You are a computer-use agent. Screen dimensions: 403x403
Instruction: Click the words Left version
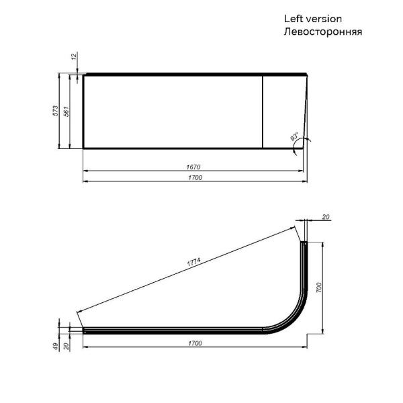313,19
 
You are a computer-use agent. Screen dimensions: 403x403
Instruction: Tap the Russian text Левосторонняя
323,32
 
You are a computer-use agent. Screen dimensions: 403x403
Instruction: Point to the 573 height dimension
56,111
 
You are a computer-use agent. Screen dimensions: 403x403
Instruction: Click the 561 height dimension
66,111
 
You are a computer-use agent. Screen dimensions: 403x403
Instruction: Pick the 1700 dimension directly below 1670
194,177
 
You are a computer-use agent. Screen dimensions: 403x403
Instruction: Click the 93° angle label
294,138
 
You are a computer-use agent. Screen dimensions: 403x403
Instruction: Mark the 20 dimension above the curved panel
326,217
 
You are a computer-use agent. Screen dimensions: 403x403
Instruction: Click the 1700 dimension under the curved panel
194,343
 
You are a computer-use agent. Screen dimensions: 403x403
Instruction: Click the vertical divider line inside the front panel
262,111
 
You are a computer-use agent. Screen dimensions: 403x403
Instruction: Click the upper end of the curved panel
303,244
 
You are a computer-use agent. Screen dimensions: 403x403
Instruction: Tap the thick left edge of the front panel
83,111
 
